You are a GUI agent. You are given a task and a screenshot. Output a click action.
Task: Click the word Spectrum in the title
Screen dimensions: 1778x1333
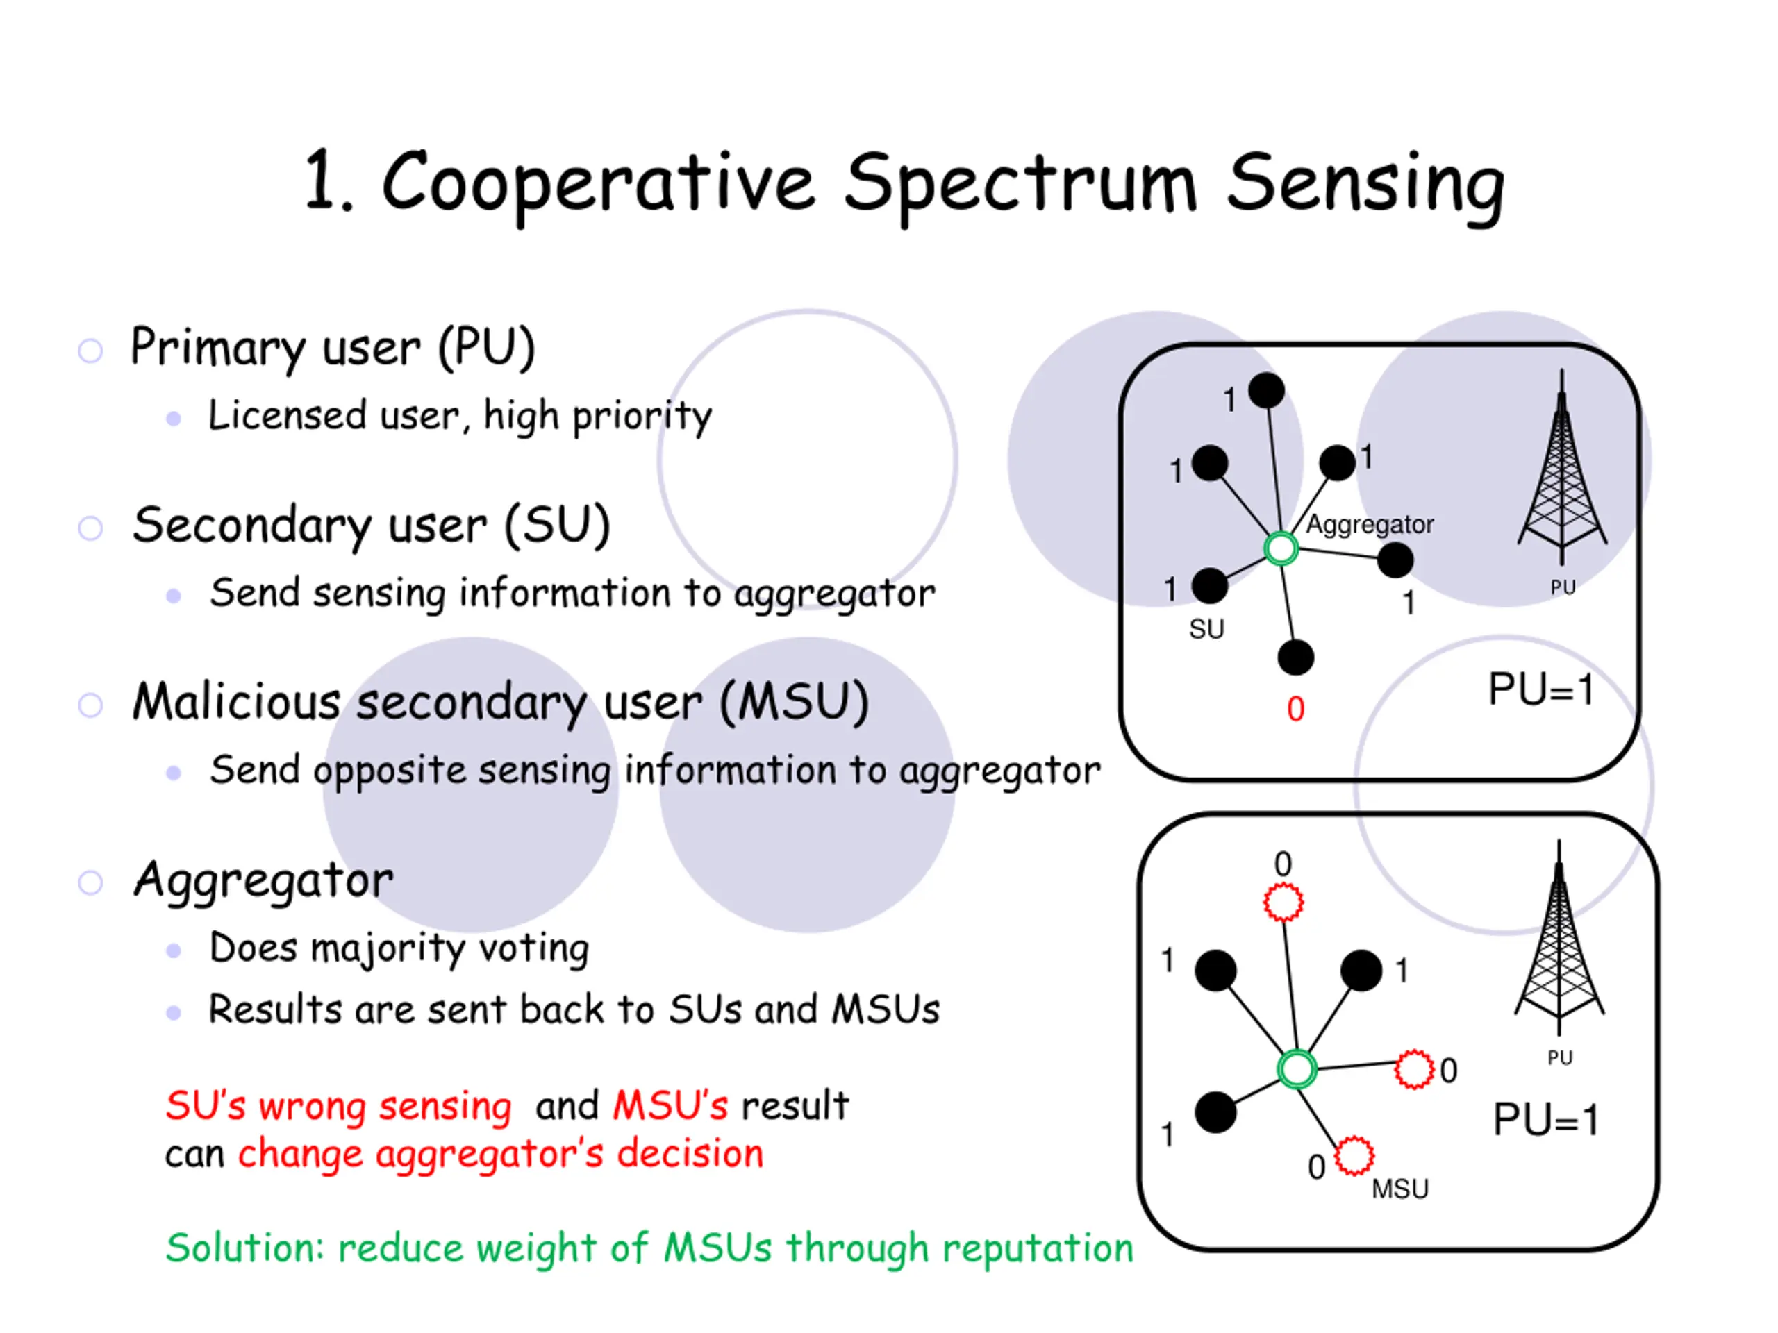point(1021,186)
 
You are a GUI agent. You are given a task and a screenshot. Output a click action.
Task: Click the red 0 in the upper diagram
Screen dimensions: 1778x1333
point(1296,710)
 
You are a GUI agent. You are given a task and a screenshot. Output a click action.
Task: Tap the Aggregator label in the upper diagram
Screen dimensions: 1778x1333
point(1370,525)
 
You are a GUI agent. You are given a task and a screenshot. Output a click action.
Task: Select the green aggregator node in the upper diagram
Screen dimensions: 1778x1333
point(1281,550)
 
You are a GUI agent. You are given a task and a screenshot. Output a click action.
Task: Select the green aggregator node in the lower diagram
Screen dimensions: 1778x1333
point(1297,1069)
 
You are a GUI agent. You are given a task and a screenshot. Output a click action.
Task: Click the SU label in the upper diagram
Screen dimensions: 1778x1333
point(1206,629)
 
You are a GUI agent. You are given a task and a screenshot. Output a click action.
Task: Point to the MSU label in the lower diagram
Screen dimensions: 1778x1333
point(1400,1189)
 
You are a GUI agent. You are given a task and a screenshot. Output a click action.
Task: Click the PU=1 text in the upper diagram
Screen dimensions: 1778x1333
point(1542,689)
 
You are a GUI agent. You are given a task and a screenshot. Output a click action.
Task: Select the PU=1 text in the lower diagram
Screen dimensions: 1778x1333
point(1546,1119)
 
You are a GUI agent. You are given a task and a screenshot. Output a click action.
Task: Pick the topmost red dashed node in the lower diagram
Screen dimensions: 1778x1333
point(1283,903)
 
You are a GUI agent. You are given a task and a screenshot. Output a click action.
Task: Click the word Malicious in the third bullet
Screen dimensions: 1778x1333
point(237,701)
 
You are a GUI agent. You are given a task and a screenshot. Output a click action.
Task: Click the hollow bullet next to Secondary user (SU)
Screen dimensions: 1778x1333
point(90,528)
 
